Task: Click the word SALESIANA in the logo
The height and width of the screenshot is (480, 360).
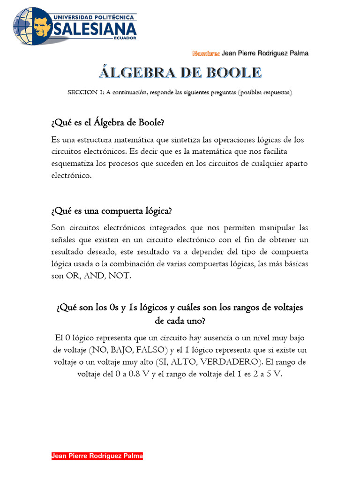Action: [96, 29]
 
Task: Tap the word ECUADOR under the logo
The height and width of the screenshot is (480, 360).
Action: [125, 38]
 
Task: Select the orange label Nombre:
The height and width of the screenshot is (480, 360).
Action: [206, 53]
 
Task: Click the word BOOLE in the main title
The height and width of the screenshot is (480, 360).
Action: [231, 73]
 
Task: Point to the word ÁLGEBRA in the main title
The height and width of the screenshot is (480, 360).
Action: [135, 73]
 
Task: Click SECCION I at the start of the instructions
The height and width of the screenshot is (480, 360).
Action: [86, 92]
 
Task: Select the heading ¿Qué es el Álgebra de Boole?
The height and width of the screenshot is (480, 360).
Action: [108, 123]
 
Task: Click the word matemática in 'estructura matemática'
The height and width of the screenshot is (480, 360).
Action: [137, 140]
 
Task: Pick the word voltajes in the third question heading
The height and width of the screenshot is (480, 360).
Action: [285, 307]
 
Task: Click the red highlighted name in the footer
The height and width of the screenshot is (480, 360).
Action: [97, 456]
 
